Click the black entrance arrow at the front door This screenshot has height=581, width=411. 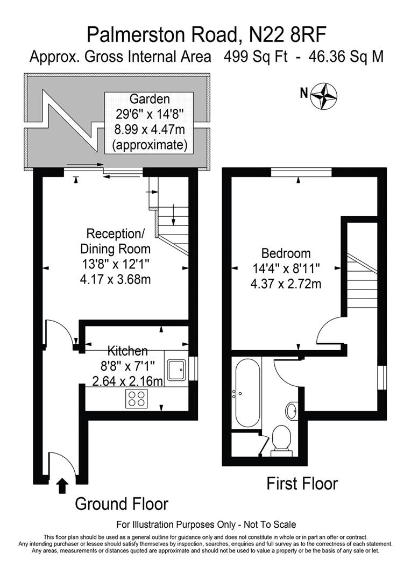(x=62, y=485)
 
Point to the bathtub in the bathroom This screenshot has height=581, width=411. (x=247, y=393)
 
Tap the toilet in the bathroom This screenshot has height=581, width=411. (x=281, y=439)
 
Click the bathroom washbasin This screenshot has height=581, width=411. (x=293, y=411)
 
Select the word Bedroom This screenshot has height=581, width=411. (x=286, y=253)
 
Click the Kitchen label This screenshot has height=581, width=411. (x=127, y=351)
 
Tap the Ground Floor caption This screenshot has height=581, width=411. (x=121, y=504)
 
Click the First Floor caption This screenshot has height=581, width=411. (x=302, y=483)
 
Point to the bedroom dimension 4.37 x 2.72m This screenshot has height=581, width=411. (x=286, y=284)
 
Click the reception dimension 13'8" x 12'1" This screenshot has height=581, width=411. (x=116, y=265)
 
